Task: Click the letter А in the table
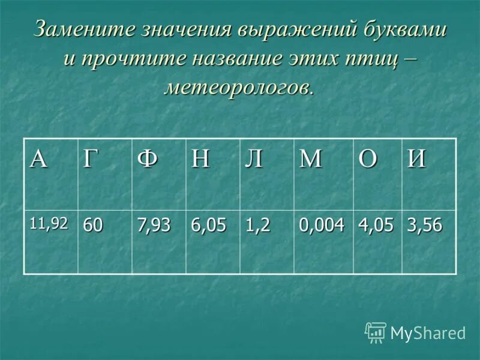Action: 39,160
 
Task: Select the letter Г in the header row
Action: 90,160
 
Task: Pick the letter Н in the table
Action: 200,160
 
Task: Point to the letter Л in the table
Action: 254,160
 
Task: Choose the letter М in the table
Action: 311,160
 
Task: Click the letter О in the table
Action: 367,160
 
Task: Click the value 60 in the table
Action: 93,226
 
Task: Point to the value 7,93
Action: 154,226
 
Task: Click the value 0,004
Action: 322,226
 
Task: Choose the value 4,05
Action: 377,226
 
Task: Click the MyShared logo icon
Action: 376,332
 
